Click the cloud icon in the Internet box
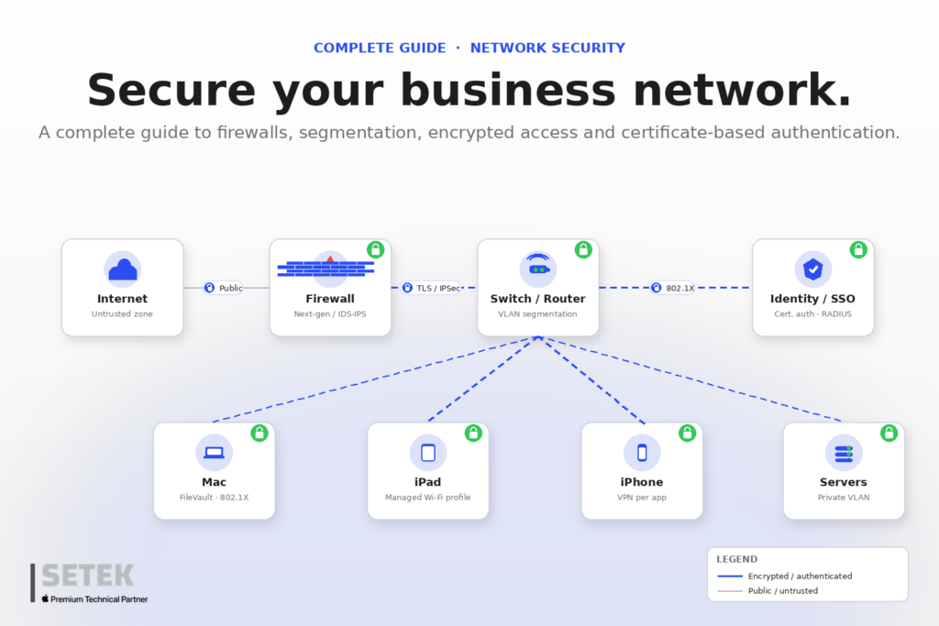(123, 269)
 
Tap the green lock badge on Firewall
(375, 249)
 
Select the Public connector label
(224, 288)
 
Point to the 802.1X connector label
(673, 288)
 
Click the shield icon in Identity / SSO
(812, 269)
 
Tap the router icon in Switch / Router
(538, 267)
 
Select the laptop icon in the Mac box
(214, 453)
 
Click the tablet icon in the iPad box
(428, 453)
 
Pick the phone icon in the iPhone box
(642, 453)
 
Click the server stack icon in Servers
(844, 454)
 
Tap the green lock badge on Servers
(889, 433)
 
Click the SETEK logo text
(87, 576)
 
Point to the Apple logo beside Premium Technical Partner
(45, 599)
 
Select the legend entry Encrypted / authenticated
(785, 576)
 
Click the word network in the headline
(742, 91)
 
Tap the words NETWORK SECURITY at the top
(547, 48)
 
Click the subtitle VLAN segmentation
(537, 313)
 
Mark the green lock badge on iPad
(473, 433)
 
